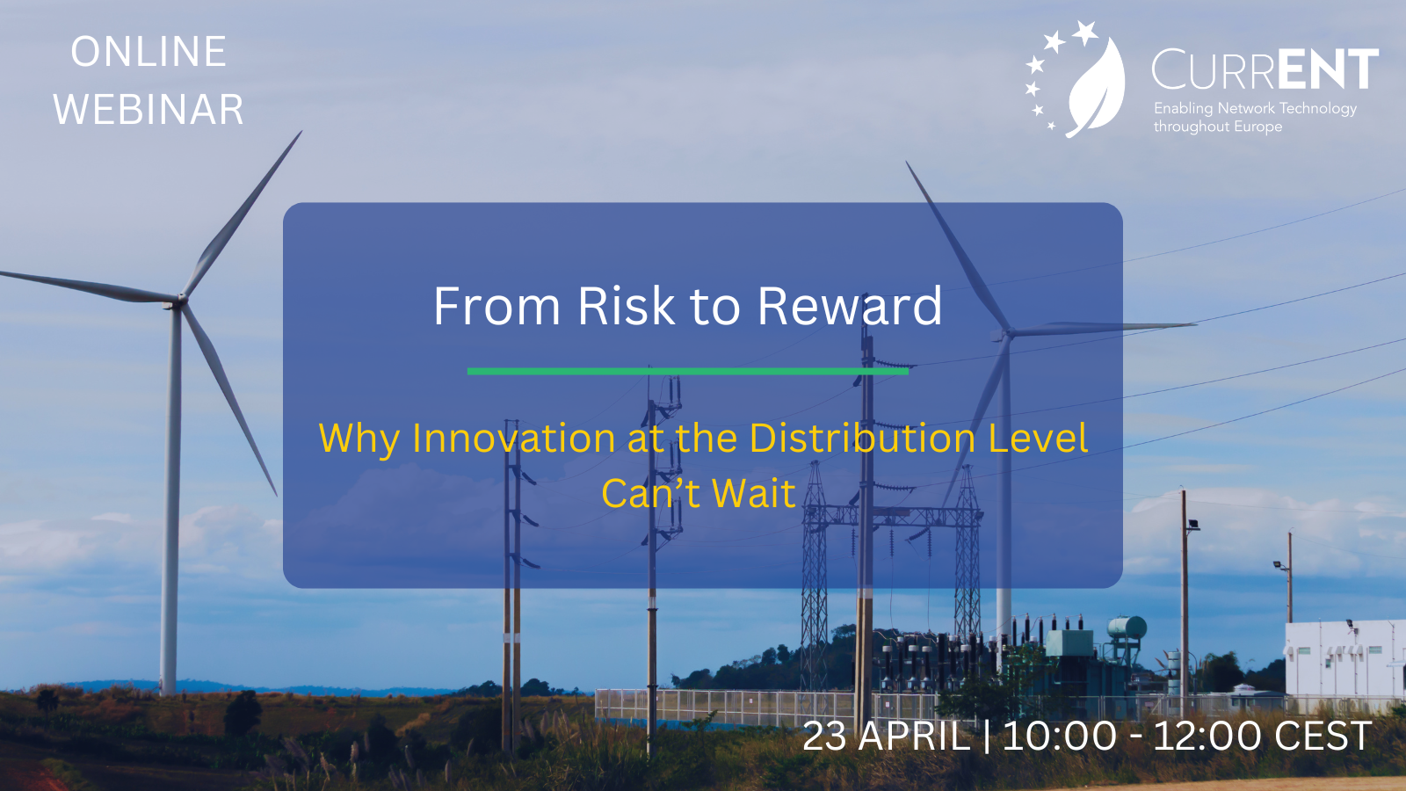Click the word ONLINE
click(149, 52)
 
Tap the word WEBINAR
click(149, 109)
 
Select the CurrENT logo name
click(1265, 69)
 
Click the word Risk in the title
click(625, 307)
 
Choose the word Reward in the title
click(850, 307)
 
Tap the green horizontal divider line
click(688, 372)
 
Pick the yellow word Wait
click(754, 493)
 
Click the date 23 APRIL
click(887, 736)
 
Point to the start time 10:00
click(1060, 736)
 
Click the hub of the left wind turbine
click(180, 301)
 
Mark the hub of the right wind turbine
click(1007, 332)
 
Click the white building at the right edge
click(1344, 659)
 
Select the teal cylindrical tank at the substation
click(1127, 628)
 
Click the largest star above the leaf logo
click(1084, 33)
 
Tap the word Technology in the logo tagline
click(1318, 109)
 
